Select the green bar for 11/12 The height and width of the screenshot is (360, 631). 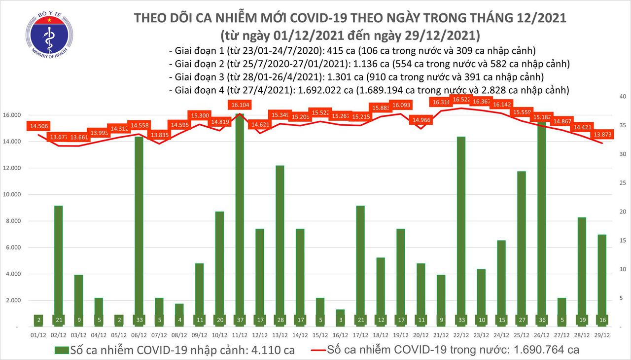click(239, 217)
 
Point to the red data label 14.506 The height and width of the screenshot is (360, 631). click(39, 126)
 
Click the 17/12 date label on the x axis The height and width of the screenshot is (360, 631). click(361, 335)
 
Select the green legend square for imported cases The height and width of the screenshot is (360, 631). click(62, 351)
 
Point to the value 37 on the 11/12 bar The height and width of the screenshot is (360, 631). click(239, 319)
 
